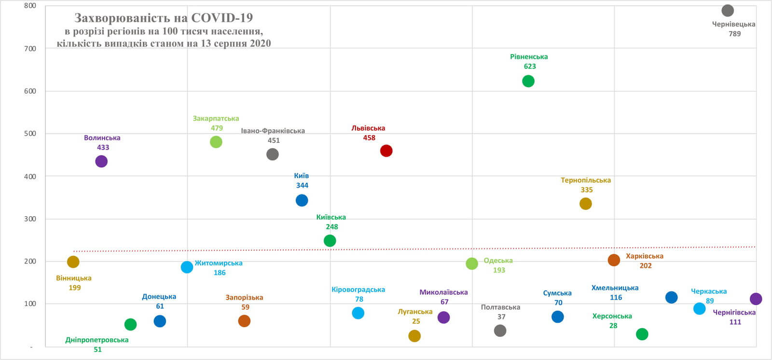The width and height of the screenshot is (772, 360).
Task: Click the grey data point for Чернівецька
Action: coord(728,11)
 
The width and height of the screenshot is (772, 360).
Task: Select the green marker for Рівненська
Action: coord(528,81)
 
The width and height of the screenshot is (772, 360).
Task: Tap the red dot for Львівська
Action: coord(386,151)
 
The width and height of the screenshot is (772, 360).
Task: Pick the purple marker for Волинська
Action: coord(101,161)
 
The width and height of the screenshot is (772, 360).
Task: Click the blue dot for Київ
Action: coord(302,200)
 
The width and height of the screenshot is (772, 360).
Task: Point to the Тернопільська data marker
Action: coord(585,204)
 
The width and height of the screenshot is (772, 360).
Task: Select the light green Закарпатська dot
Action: coord(216,142)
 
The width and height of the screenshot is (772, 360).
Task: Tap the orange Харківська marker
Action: coord(614,260)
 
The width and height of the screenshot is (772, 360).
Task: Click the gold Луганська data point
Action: coord(414,336)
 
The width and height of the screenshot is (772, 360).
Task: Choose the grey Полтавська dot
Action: coord(500,331)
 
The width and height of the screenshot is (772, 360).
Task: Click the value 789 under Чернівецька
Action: coord(734,34)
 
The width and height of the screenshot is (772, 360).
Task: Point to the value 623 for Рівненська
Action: coord(529,67)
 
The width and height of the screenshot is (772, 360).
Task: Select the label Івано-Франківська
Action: coord(273,131)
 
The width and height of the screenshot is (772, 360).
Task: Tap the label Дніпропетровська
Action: coord(97,340)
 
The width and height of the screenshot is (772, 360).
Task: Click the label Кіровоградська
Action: coord(358,290)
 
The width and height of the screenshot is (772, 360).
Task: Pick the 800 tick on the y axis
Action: coord(30,6)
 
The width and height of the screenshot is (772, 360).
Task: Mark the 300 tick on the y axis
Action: coord(30,219)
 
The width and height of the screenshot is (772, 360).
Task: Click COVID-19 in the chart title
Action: coord(222,18)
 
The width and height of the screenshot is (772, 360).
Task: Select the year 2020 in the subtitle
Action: coord(260,43)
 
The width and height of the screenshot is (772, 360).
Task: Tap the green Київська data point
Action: coord(330,240)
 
